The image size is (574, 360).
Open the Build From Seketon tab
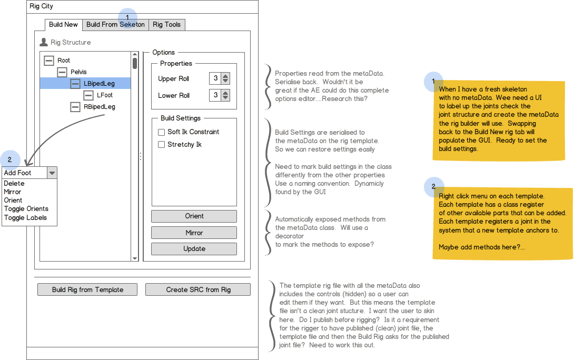point(115,25)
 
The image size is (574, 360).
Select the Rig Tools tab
point(166,25)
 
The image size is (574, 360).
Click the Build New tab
point(63,25)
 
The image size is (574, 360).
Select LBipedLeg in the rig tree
point(99,83)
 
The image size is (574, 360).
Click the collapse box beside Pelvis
point(62,72)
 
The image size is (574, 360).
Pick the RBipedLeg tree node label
point(100,107)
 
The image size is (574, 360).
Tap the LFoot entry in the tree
point(105,95)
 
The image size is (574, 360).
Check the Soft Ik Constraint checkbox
point(162,132)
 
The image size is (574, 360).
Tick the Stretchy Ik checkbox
point(162,145)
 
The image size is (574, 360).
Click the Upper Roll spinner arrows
point(225,78)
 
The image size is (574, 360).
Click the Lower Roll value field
point(215,95)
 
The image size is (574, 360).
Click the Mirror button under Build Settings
point(194,233)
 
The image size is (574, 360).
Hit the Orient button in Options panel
point(194,216)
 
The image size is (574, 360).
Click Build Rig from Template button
point(87,290)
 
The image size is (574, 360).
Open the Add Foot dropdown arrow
point(52,173)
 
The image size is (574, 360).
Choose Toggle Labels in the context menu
point(26,218)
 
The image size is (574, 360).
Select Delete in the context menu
point(14,183)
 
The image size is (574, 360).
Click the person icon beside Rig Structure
point(44,42)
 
